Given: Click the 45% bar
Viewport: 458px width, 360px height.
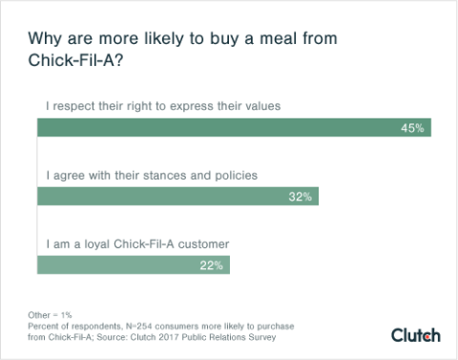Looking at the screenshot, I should tap(234, 127).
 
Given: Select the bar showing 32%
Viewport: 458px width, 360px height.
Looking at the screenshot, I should tap(177, 196).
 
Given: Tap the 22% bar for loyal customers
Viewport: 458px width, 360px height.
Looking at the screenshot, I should tap(134, 265).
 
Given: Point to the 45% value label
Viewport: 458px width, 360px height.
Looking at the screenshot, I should tap(413, 127).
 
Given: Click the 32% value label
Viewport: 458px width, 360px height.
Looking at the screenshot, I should tap(301, 196).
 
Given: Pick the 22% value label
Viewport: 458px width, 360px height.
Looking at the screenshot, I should tap(211, 265).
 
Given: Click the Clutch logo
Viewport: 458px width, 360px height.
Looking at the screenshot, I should tap(415, 334).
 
